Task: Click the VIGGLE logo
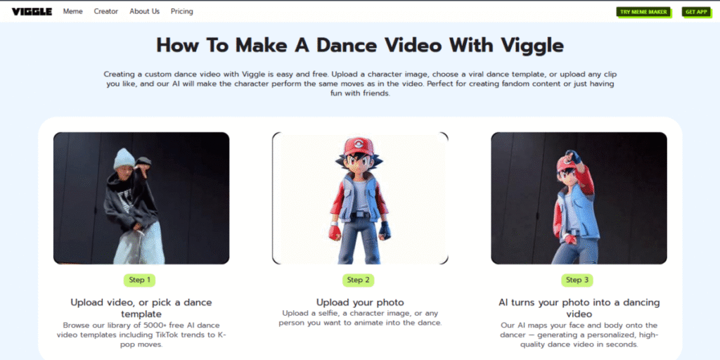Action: pos(32,11)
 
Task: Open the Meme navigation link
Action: pos(73,11)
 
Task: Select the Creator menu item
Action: pos(106,11)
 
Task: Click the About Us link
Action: pos(145,11)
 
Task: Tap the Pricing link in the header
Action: pos(182,11)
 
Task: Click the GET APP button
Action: pos(697,12)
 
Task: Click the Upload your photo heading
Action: pos(360,302)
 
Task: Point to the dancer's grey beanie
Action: pos(124,158)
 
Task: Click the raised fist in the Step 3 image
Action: pos(572,157)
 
